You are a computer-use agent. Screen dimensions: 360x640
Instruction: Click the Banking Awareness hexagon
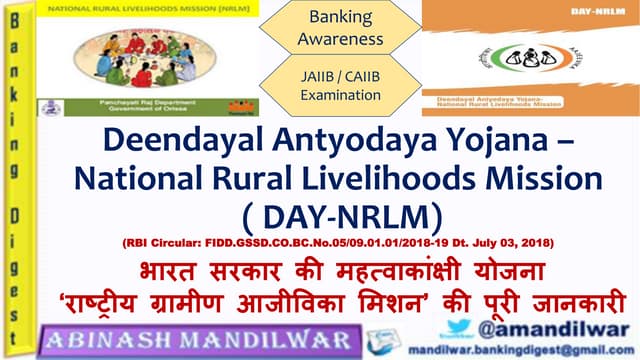(x=339, y=29)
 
